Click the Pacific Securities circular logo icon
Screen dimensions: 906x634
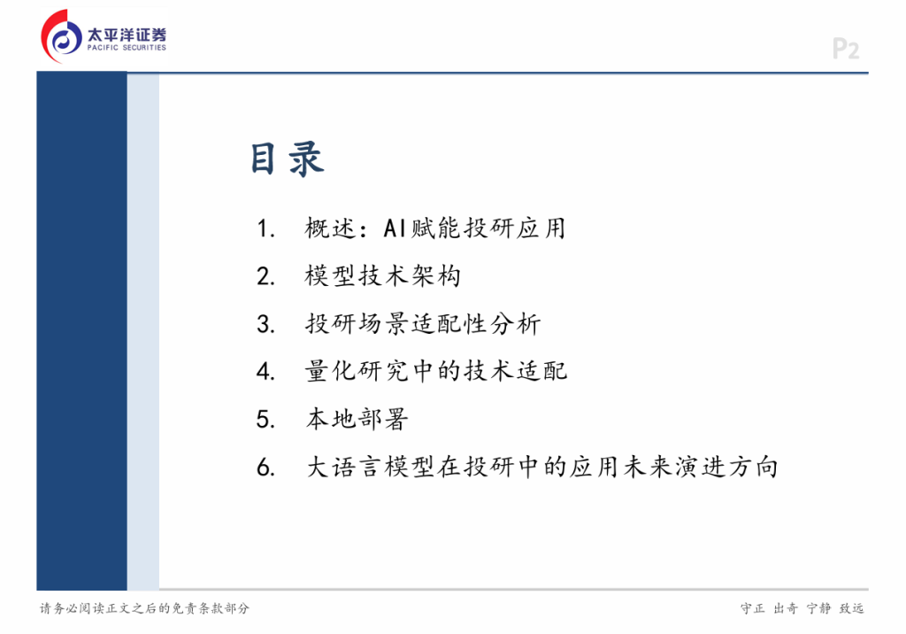tap(62, 36)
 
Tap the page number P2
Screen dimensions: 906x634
tap(845, 49)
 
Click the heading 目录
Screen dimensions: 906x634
tap(288, 158)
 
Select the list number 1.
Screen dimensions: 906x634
tap(265, 228)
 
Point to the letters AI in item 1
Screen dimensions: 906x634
tap(395, 228)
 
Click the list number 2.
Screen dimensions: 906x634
tap(265, 276)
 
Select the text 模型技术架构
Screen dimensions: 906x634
tap(383, 276)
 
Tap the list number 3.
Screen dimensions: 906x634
tap(265, 324)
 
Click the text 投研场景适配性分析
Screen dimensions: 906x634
tap(423, 323)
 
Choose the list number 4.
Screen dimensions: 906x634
tap(265, 371)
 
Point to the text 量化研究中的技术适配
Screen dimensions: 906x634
tap(436, 371)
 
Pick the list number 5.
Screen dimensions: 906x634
tap(265, 420)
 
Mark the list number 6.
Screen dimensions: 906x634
tap(265, 467)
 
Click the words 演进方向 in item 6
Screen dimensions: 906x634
tap(727, 467)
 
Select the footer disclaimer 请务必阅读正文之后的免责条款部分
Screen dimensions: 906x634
tap(144, 608)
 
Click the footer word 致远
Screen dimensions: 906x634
tap(852, 608)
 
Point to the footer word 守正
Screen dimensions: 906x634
tap(752, 608)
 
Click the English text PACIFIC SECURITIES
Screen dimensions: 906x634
tap(127, 48)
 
